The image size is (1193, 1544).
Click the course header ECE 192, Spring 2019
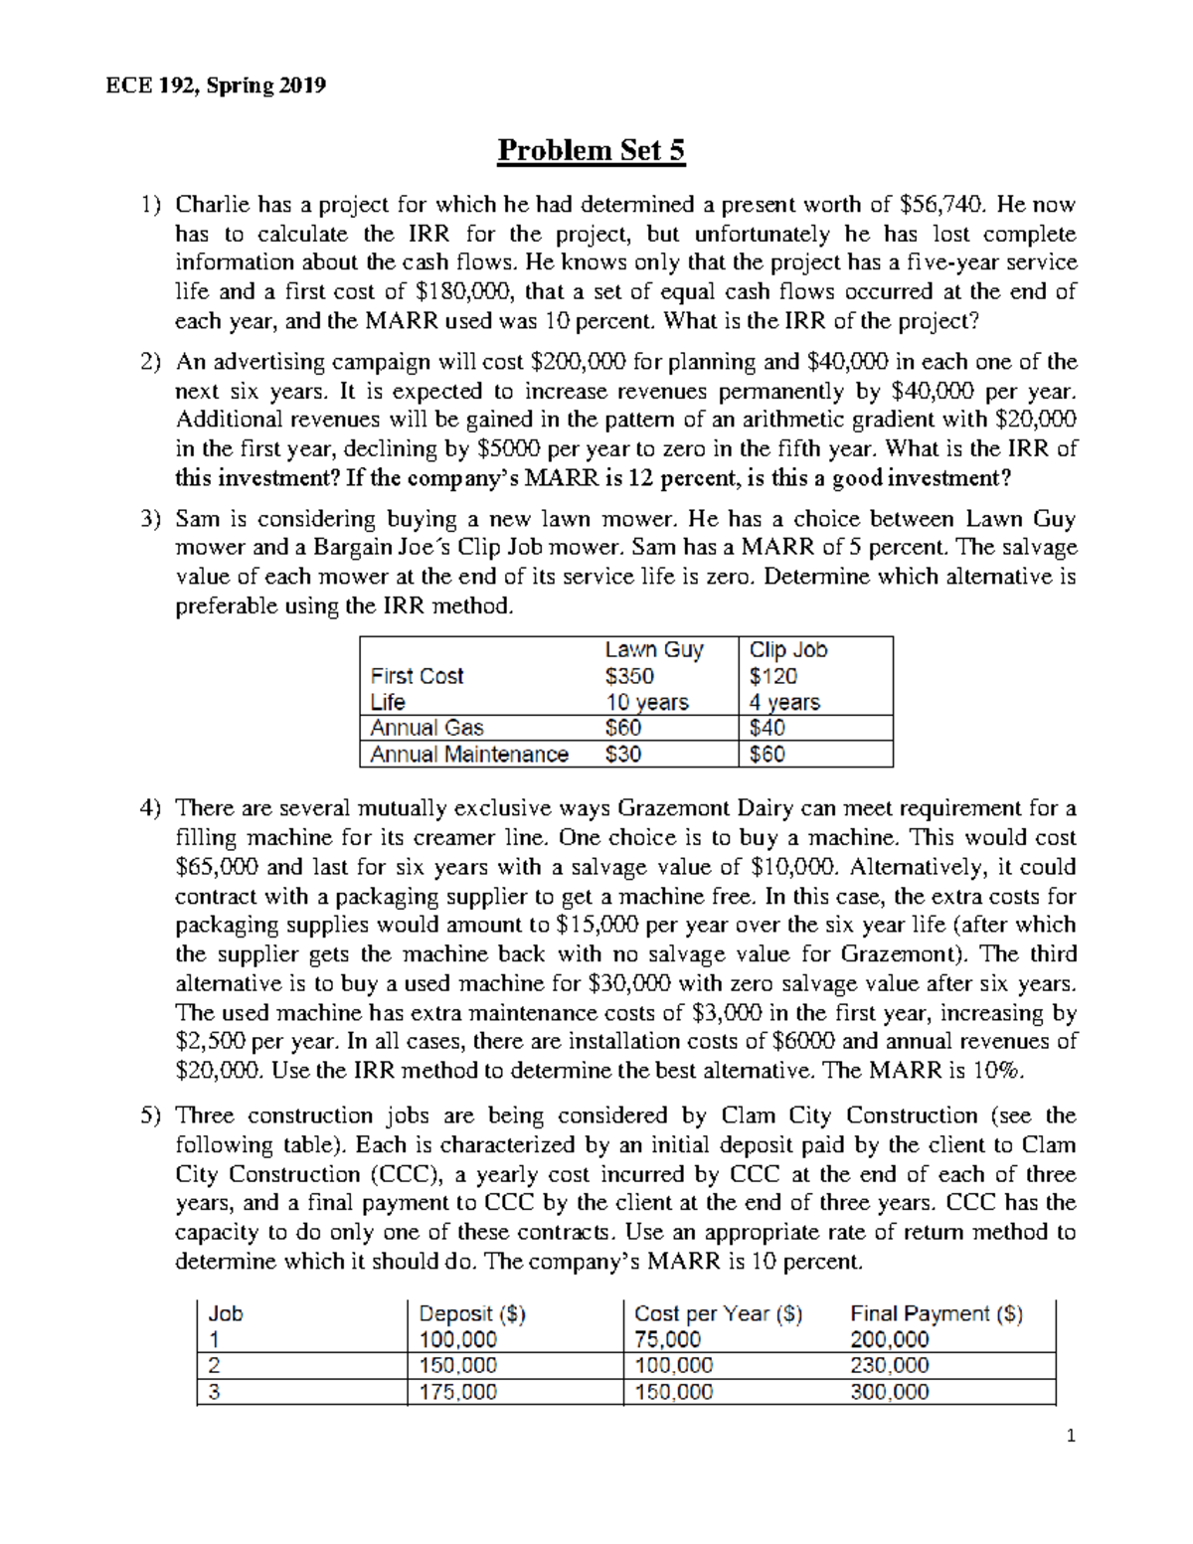pos(216,86)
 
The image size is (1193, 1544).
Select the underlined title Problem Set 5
pos(591,150)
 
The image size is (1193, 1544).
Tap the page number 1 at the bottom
pos(1070,1436)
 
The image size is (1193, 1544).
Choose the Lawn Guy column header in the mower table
pos(653,650)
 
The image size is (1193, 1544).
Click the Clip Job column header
pos(787,650)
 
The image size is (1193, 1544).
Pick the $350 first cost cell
pos(628,676)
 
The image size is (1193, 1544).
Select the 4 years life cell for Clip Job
pos(783,702)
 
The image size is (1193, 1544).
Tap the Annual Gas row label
pos(426,728)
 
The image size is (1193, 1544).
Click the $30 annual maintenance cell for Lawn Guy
pos(622,755)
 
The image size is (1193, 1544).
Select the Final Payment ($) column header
pos(936,1313)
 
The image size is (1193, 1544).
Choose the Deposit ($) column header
pos(472,1313)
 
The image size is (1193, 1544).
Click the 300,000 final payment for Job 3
pos(889,1392)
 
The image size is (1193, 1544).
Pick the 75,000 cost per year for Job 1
pos(667,1339)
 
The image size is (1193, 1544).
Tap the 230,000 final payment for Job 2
pos(889,1366)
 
